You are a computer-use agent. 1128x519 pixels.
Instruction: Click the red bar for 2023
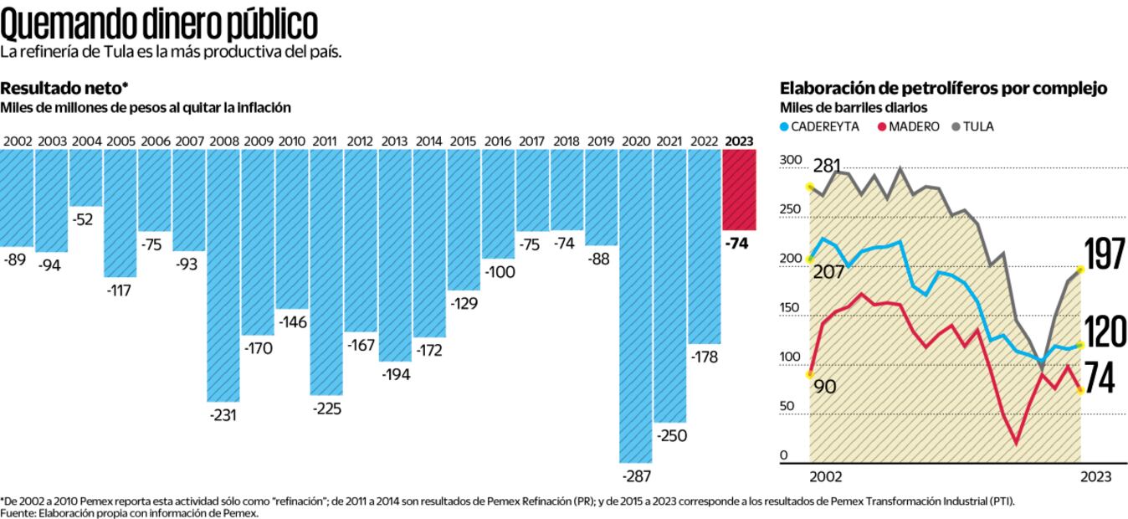tap(739, 190)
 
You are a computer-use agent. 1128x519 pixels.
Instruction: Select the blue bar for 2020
tap(636, 306)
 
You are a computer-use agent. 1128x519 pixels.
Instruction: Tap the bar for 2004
tap(85, 177)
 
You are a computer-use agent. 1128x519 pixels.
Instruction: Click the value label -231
tap(223, 415)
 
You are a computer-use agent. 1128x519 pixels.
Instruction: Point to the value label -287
tap(636, 476)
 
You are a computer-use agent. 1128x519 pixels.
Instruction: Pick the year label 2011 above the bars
tap(325, 141)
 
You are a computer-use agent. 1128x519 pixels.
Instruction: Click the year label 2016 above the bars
tap(498, 141)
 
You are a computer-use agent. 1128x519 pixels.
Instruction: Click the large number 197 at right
tap(1105, 254)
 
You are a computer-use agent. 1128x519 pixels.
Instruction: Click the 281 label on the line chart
tap(827, 167)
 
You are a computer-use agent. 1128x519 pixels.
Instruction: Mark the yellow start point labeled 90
tap(809, 374)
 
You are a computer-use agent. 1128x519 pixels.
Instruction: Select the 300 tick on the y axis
tap(790, 160)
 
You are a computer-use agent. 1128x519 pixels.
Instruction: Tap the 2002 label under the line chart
tap(825, 476)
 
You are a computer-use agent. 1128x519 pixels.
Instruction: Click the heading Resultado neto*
tap(64, 88)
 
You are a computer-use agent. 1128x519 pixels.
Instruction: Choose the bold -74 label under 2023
tap(739, 244)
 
